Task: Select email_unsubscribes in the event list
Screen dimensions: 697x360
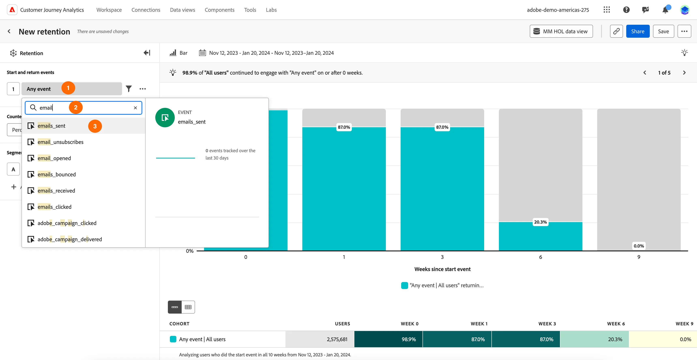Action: click(60, 142)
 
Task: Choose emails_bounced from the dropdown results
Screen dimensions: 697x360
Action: click(57, 175)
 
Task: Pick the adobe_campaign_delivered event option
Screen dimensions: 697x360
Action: click(70, 239)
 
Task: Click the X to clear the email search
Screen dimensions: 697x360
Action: click(135, 108)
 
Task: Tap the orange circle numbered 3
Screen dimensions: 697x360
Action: click(95, 126)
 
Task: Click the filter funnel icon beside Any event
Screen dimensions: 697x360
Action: click(129, 89)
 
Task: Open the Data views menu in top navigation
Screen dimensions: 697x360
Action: click(182, 10)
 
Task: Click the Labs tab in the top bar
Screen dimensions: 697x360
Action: click(271, 10)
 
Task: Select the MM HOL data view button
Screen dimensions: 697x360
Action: click(561, 31)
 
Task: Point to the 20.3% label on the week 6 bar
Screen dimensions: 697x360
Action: click(540, 222)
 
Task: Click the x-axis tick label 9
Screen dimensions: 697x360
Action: click(639, 257)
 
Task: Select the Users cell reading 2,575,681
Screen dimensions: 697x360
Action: click(320, 339)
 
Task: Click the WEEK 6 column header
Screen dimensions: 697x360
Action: click(616, 324)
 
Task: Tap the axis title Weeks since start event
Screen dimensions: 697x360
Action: click(442, 269)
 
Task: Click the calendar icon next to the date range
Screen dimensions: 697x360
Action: click(202, 53)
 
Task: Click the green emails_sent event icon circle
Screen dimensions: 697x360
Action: click(165, 118)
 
